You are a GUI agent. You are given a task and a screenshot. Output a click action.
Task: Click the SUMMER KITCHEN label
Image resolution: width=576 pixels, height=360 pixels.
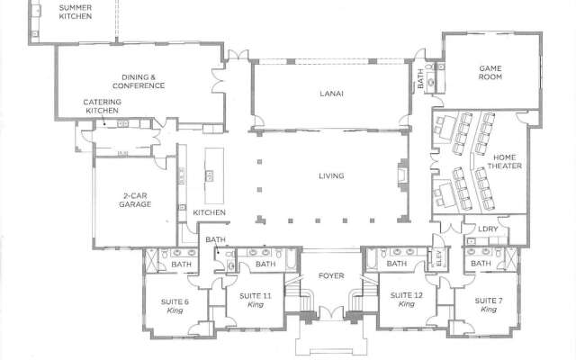click(x=76, y=12)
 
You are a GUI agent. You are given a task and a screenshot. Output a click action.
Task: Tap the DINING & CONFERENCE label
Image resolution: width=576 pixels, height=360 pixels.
click(x=145, y=81)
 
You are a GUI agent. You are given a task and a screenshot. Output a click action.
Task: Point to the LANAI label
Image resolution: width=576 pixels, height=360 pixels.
click(x=330, y=93)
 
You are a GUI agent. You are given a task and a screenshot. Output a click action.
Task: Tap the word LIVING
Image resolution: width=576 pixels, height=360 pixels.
click(x=332, y=176)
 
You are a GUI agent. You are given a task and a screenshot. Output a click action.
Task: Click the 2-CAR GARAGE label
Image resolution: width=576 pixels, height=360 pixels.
click(x=134, y=199)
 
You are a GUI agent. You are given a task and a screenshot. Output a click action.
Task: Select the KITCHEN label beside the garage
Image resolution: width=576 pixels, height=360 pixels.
click(x=210, y=212)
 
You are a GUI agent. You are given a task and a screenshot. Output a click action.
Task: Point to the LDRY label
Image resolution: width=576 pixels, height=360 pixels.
click(x=487, y=229)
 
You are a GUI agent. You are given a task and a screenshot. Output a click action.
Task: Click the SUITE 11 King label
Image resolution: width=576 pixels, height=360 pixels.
click(x=256, y=300)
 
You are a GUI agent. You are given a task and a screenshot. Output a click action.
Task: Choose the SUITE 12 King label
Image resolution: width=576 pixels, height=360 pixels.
click(x=400, y=300)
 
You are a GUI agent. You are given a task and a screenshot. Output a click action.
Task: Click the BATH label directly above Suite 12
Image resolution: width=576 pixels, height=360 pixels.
click(x=396, y=264)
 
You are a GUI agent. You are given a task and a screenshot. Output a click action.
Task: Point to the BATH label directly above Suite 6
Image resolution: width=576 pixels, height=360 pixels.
click(x=181, y=264)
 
